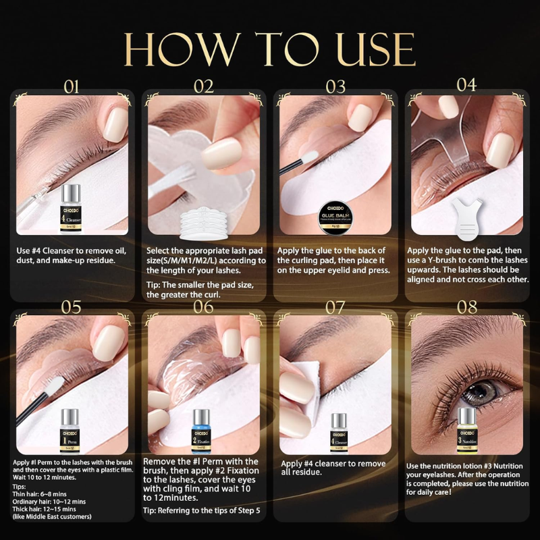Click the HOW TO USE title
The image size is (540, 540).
(x=270, y=49)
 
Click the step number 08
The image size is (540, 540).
(x=467, y=307)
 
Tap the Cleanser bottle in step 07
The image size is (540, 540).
(x=335, y=432)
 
